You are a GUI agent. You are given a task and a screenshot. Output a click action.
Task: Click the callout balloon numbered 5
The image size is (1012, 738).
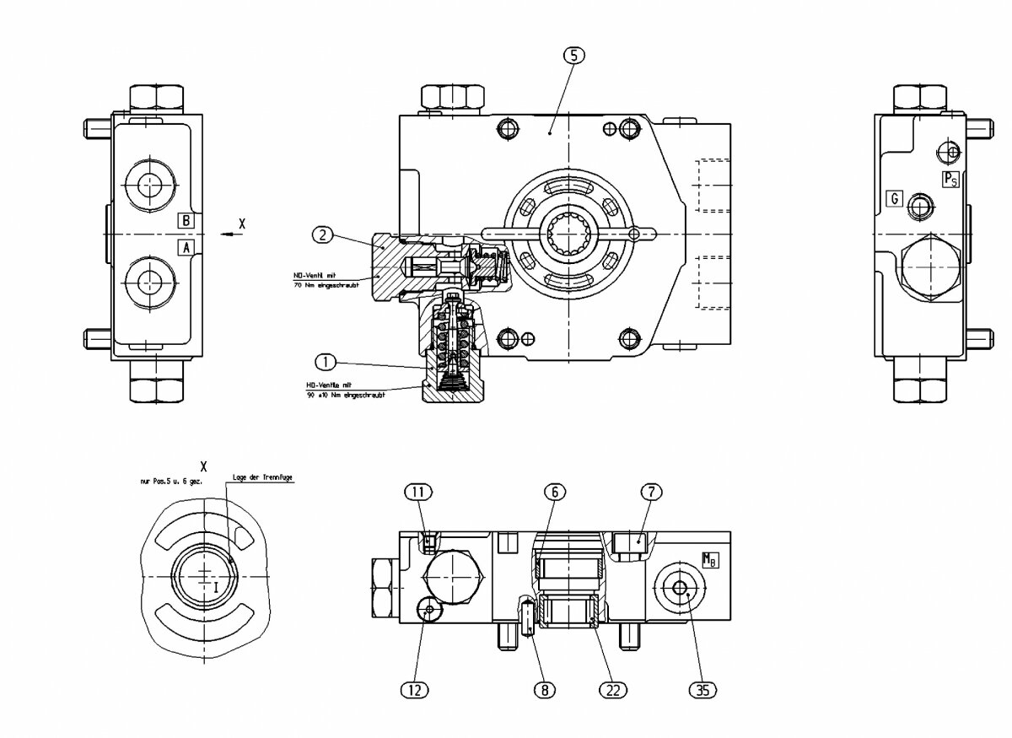click(573, 56)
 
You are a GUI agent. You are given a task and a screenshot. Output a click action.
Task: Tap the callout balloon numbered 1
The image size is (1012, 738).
click(326, 362)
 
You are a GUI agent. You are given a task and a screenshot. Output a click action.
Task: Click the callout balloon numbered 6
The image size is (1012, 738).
click(552, 491)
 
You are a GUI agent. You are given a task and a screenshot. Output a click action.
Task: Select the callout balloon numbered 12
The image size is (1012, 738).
click(415, 689)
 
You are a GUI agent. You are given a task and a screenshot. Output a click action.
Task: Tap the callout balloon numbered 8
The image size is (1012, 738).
click(546, 689)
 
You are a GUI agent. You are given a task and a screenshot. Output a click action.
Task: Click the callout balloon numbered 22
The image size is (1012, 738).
click(612, 689)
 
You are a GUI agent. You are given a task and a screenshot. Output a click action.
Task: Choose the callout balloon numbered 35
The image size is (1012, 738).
click(702, 689)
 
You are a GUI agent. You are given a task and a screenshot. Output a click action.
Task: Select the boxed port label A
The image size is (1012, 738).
click(186, 246)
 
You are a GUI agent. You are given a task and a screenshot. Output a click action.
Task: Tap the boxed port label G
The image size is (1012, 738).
click(894, 199)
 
